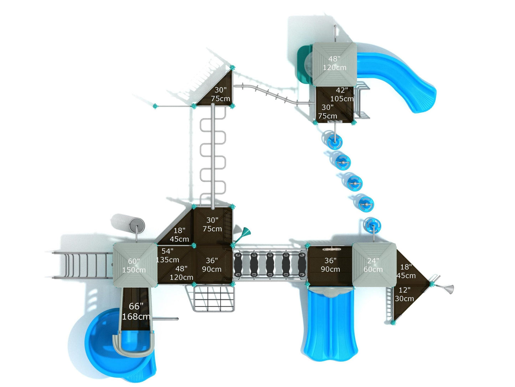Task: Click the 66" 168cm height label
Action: (136, 311)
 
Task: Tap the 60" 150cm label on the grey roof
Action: (134, 265)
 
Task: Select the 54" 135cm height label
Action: (167, 255)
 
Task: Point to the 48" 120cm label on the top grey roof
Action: (334, 63)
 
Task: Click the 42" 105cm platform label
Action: (342, 94)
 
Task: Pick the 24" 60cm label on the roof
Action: (373, 265)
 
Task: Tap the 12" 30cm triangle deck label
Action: (404, 294)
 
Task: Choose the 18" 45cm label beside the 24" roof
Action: (406, 271)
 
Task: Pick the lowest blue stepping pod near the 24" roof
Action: (374, 226)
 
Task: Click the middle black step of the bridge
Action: (270, 265)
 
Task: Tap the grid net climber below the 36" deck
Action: (212, 298)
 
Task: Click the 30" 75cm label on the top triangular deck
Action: (220, 94)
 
